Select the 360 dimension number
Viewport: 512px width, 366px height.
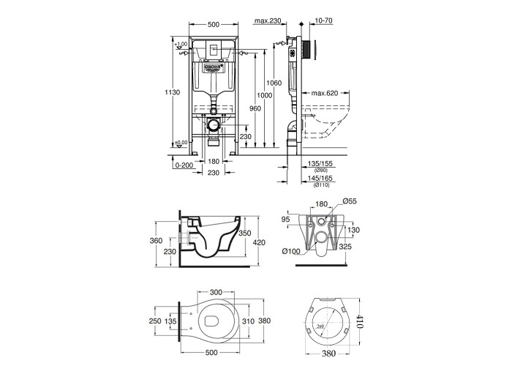pyautogui.click(x=156, y=240)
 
